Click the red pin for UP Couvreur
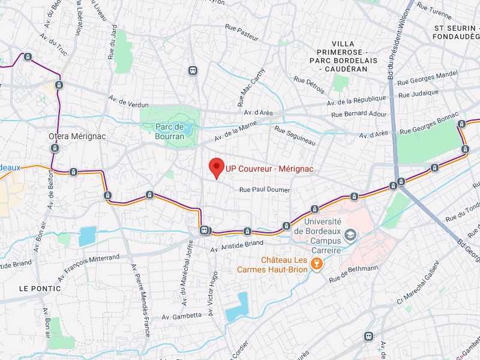coord(216,167)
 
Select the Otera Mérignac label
coord(77,136)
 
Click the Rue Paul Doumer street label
coord(265,190)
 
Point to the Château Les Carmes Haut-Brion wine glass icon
coord(319,263)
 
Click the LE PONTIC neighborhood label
coord(40,289)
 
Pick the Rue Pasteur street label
coord(242,32)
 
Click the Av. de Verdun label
coord(128,101)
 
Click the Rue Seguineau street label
coord(295,135)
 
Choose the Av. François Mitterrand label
coord(88,267)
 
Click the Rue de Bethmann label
coord(353,273)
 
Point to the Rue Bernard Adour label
coord(359,113)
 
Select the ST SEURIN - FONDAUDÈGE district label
coord(455,32)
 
